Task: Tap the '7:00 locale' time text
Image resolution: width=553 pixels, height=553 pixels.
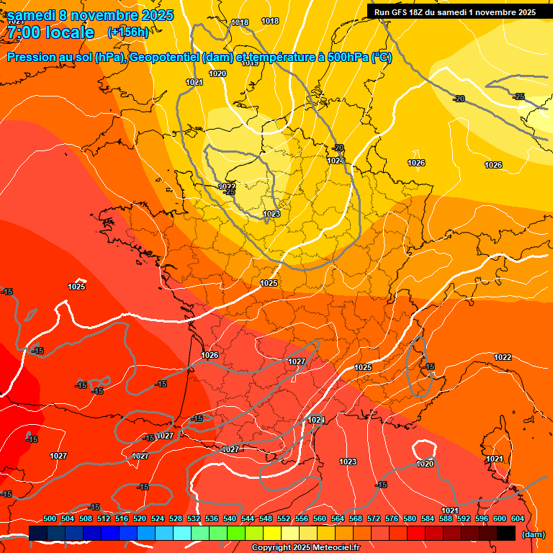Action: coord(50,32)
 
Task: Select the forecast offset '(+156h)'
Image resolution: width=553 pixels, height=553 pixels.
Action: coord(128,32)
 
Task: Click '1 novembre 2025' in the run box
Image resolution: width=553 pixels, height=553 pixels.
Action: coord(500,12)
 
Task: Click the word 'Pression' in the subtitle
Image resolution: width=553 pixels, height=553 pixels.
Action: coord(30,58)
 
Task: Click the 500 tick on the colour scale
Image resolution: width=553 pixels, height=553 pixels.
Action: coord(50,518)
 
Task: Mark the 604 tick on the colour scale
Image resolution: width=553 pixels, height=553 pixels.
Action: coord(518,518)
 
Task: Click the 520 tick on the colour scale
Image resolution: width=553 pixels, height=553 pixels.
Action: coord(140,518)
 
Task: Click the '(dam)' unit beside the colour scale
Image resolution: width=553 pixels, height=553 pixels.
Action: coord(533,534)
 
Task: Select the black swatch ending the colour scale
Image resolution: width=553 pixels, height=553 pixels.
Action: coord(506,533)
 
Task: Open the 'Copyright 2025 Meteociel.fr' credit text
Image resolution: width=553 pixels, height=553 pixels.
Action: coord(305,548)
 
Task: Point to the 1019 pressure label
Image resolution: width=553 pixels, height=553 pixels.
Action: coord(250,63)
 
